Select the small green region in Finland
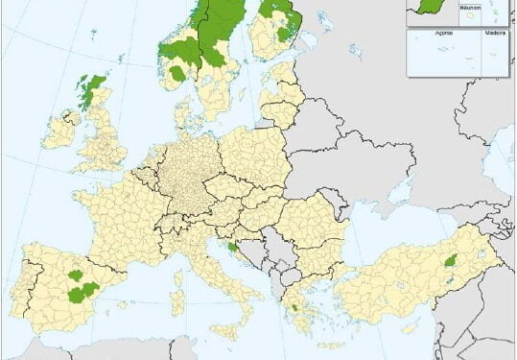tap(284, 35)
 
